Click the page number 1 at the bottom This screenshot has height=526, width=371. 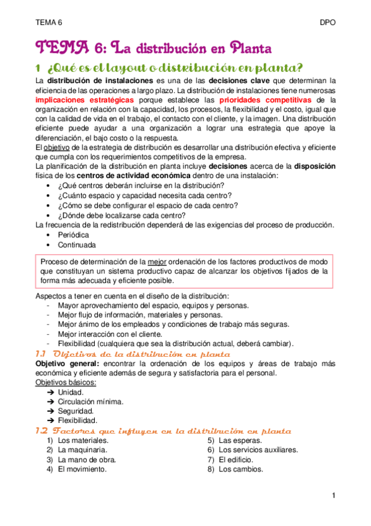(x=333, y=496)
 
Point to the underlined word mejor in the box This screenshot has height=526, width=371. (x=156, y=261)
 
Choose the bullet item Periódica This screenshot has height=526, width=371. (x=74, y=235)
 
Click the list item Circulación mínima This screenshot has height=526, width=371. (x=90, y=401)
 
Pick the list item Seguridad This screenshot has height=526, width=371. (x=76, y=411)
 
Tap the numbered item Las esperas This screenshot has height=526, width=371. (x=238, y=440)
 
